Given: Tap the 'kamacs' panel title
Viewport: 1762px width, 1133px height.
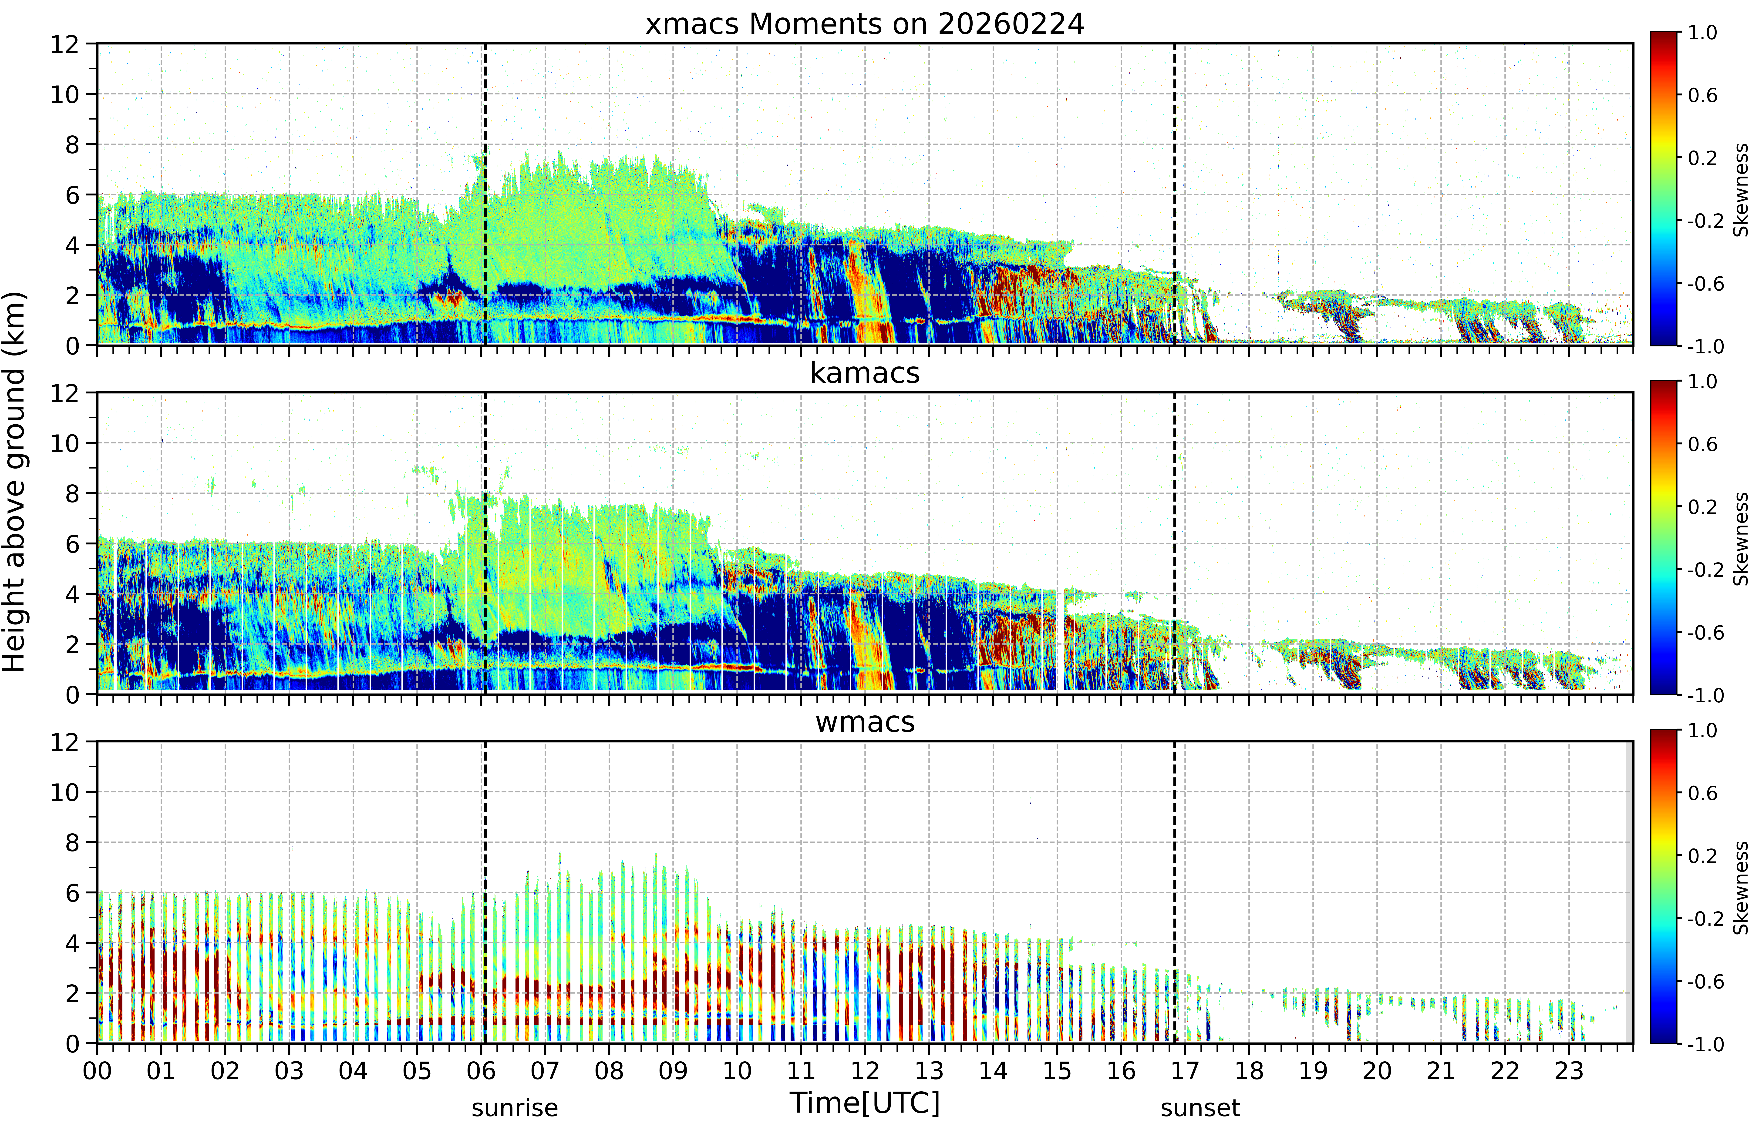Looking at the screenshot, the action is click(865, 373).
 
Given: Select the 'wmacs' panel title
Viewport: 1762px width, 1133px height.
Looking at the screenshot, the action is click(865, 722).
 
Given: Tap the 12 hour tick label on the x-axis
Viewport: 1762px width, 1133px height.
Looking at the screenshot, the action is click(865, 1070).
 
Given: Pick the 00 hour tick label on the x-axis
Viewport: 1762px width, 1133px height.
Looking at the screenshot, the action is click(97, 1070).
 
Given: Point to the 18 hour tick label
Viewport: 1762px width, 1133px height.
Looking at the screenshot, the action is click(1249, 1070).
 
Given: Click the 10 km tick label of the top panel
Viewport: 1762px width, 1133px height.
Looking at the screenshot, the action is click(65, 94).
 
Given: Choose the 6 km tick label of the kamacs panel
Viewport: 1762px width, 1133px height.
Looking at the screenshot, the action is click(72, 544).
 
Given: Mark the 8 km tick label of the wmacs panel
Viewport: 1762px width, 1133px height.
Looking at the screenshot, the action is click(72, 842).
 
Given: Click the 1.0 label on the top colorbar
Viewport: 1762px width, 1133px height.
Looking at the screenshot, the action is click(1702, 32).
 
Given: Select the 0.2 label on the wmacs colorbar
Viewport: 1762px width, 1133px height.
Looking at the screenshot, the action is click(1702, 856).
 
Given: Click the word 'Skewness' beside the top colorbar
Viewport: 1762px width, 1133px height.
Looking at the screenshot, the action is click(1741, 190).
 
